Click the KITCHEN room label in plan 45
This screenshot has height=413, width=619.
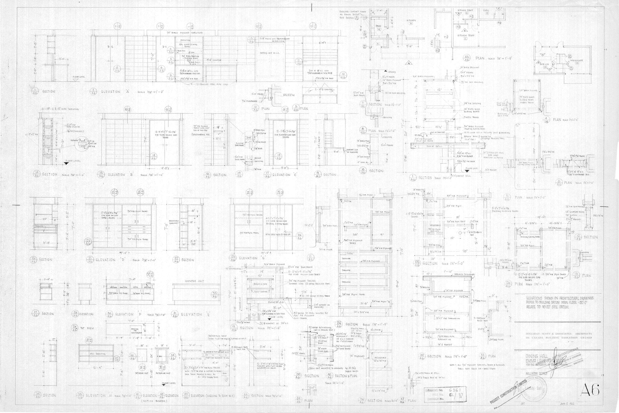411,20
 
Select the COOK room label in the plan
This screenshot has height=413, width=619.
486,10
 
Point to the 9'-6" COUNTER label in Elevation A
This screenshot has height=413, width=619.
214,60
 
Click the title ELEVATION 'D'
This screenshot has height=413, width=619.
105,260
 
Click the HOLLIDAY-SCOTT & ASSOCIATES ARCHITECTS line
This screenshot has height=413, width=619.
558,334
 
